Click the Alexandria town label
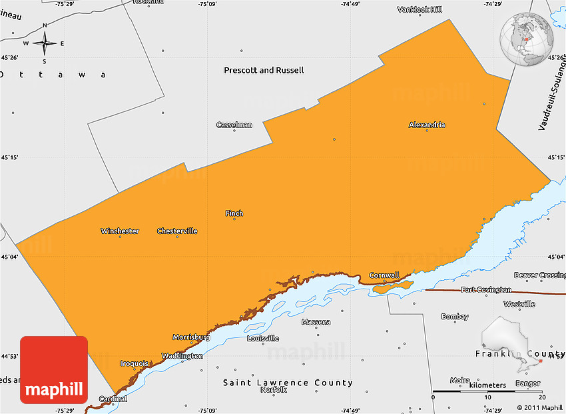pos(427,125)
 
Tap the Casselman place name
pos(234,125)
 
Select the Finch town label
pos(234,213)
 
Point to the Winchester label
pos(120,231)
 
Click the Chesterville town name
pos(177,231)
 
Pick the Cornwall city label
pos(384,275)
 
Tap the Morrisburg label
pos(191,337)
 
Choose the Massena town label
pos(316,322)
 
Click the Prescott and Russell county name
pos(264,70)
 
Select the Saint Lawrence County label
pos(288,383)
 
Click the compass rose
pos(45,43)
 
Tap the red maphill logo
pos(54,370)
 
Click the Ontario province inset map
pos(513,341)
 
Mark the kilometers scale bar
pos(487,391)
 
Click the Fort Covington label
pos(486,289)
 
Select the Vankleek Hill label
pos(420,9)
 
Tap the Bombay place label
pos(455,317)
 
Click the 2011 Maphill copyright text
pos(539,407)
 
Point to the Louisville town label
pos(263,338)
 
